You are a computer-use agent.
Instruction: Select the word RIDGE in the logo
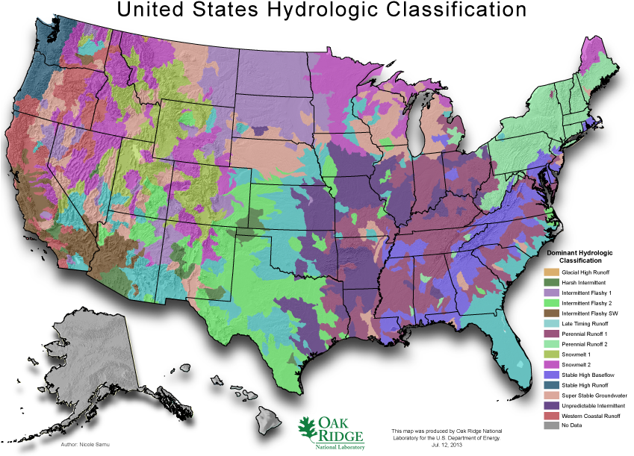pos(341,436)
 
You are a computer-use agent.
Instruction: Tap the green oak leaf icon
pos(307,430)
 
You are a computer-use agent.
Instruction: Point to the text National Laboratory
pos(340,446)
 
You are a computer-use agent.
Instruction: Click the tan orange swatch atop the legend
pos(551,272)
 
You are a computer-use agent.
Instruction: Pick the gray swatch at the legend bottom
pos(551,425)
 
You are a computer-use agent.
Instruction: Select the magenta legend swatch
pos(551,364)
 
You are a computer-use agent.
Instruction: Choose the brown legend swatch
pos(551,313)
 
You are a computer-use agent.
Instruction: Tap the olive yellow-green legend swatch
pos(551,354)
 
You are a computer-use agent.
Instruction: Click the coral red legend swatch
pos(551,415)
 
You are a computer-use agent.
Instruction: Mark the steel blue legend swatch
pos(551,384)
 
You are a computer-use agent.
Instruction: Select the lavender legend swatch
pos(551,293)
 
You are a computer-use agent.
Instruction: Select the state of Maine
pos(597,63)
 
